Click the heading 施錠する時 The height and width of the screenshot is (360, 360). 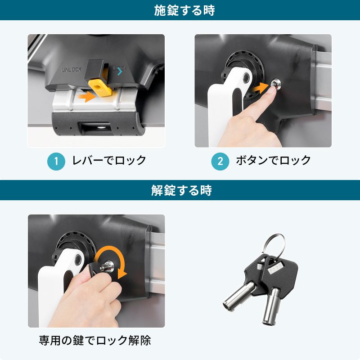pyautogui.click(x=180, y=10)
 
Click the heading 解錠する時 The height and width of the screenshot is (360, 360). pyautogui.click(x=180, y=190)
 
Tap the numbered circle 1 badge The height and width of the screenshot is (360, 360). pyautogui.click(x=56, y=161)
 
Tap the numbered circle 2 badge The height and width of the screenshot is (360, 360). pyautogui.click(x=220, y=161)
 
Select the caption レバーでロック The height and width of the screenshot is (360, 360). pyautogui.click(x=109, y=161)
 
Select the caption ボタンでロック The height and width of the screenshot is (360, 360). pyautogui.click(x=274, y=161)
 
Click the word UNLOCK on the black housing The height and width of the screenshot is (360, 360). pyautogui.click(x=71, y=70)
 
